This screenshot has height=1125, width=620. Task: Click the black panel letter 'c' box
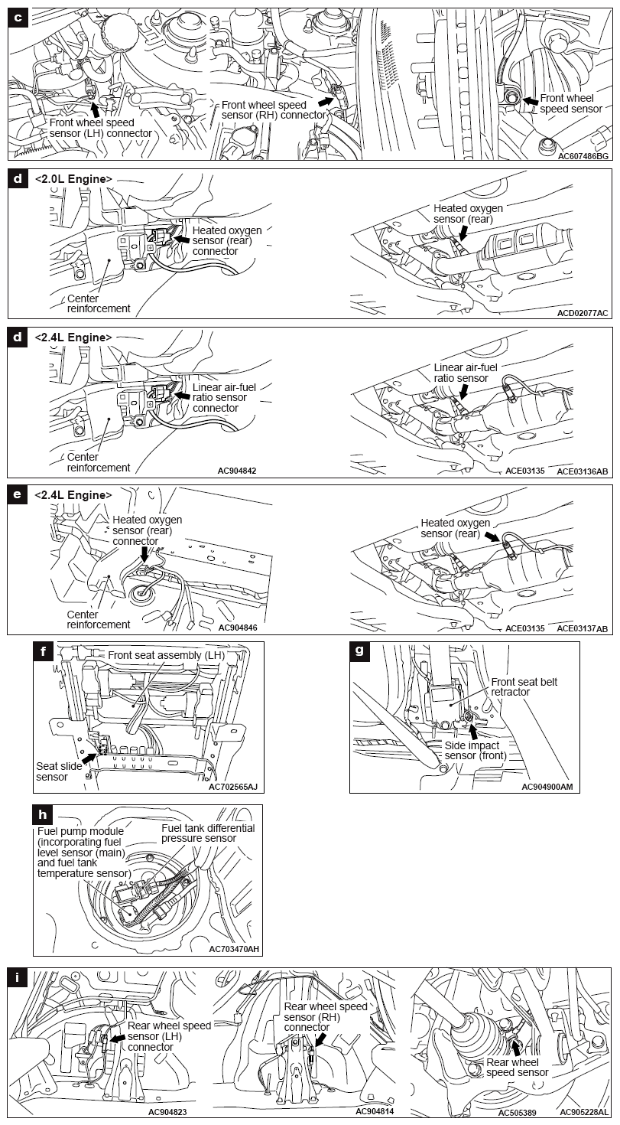pos(18,18)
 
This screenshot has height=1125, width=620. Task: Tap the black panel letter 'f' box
pos(44,651)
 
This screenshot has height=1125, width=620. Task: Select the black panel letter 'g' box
pos(360,651)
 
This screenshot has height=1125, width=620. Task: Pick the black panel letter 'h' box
pos(44,814)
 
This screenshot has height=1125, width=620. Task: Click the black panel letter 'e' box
pos(18,494)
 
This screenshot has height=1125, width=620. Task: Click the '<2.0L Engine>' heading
pos(73,179)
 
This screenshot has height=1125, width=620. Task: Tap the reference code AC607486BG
pos(583,155)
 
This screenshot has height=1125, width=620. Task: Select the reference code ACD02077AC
pos(583,313)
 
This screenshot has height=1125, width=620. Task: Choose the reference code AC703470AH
pos(234,949)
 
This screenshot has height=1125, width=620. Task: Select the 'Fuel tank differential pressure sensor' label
pos(208,833)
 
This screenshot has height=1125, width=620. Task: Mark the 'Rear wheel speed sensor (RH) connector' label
pos(326,1017)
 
